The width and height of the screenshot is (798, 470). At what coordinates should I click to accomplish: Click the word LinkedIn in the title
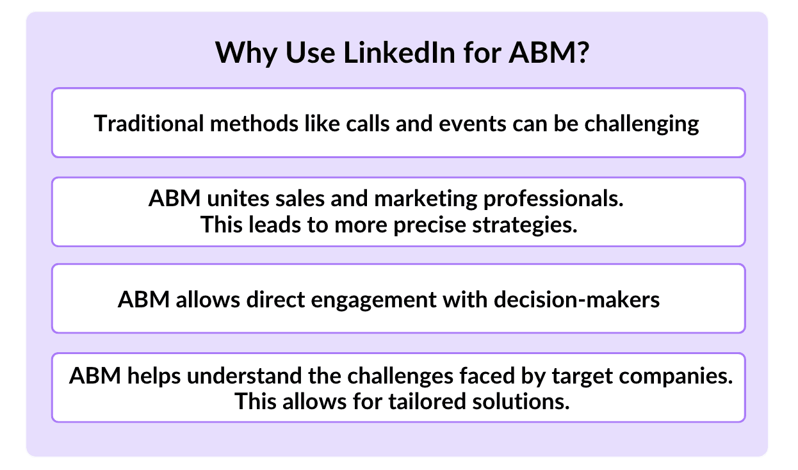coord(400,53)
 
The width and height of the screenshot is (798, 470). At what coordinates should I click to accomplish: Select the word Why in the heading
coord(247,53)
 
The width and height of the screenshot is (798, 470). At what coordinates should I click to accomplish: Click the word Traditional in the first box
coord(149,123)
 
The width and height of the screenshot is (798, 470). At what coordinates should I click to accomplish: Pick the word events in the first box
coord(473,124)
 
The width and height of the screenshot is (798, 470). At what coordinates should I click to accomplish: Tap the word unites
coord(238,199)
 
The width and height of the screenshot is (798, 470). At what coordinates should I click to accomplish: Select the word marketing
coord(426,199)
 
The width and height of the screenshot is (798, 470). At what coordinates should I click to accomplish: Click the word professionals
coord(553,199)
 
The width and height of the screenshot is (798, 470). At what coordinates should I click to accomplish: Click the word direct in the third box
coord(275,299)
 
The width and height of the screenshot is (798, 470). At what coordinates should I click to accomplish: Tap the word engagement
coord(374,300)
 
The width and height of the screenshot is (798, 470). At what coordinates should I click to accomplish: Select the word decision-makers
coord(577,299)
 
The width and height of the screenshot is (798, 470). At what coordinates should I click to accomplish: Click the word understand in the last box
coord(244,376)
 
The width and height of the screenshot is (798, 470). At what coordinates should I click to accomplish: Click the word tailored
coord(427,401)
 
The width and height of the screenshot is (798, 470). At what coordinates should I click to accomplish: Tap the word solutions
coord(521,401)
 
